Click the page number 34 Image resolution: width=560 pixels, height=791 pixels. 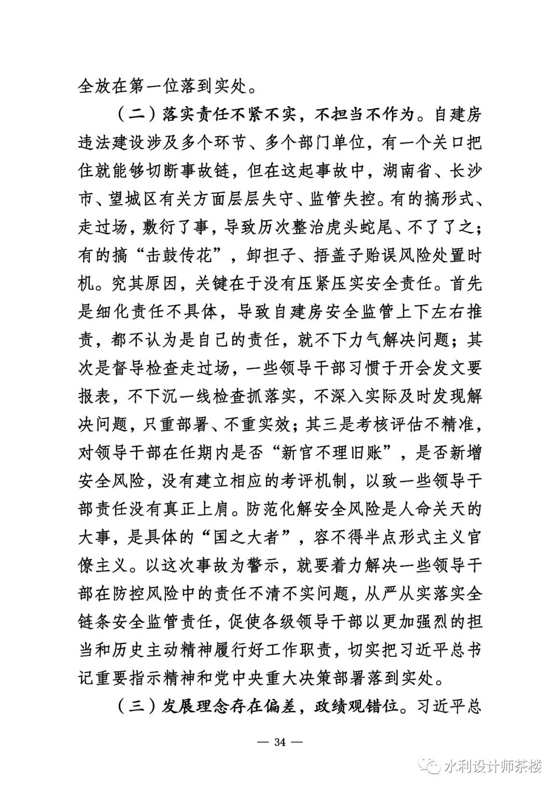279,742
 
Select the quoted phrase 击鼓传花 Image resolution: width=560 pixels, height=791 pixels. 186,255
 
